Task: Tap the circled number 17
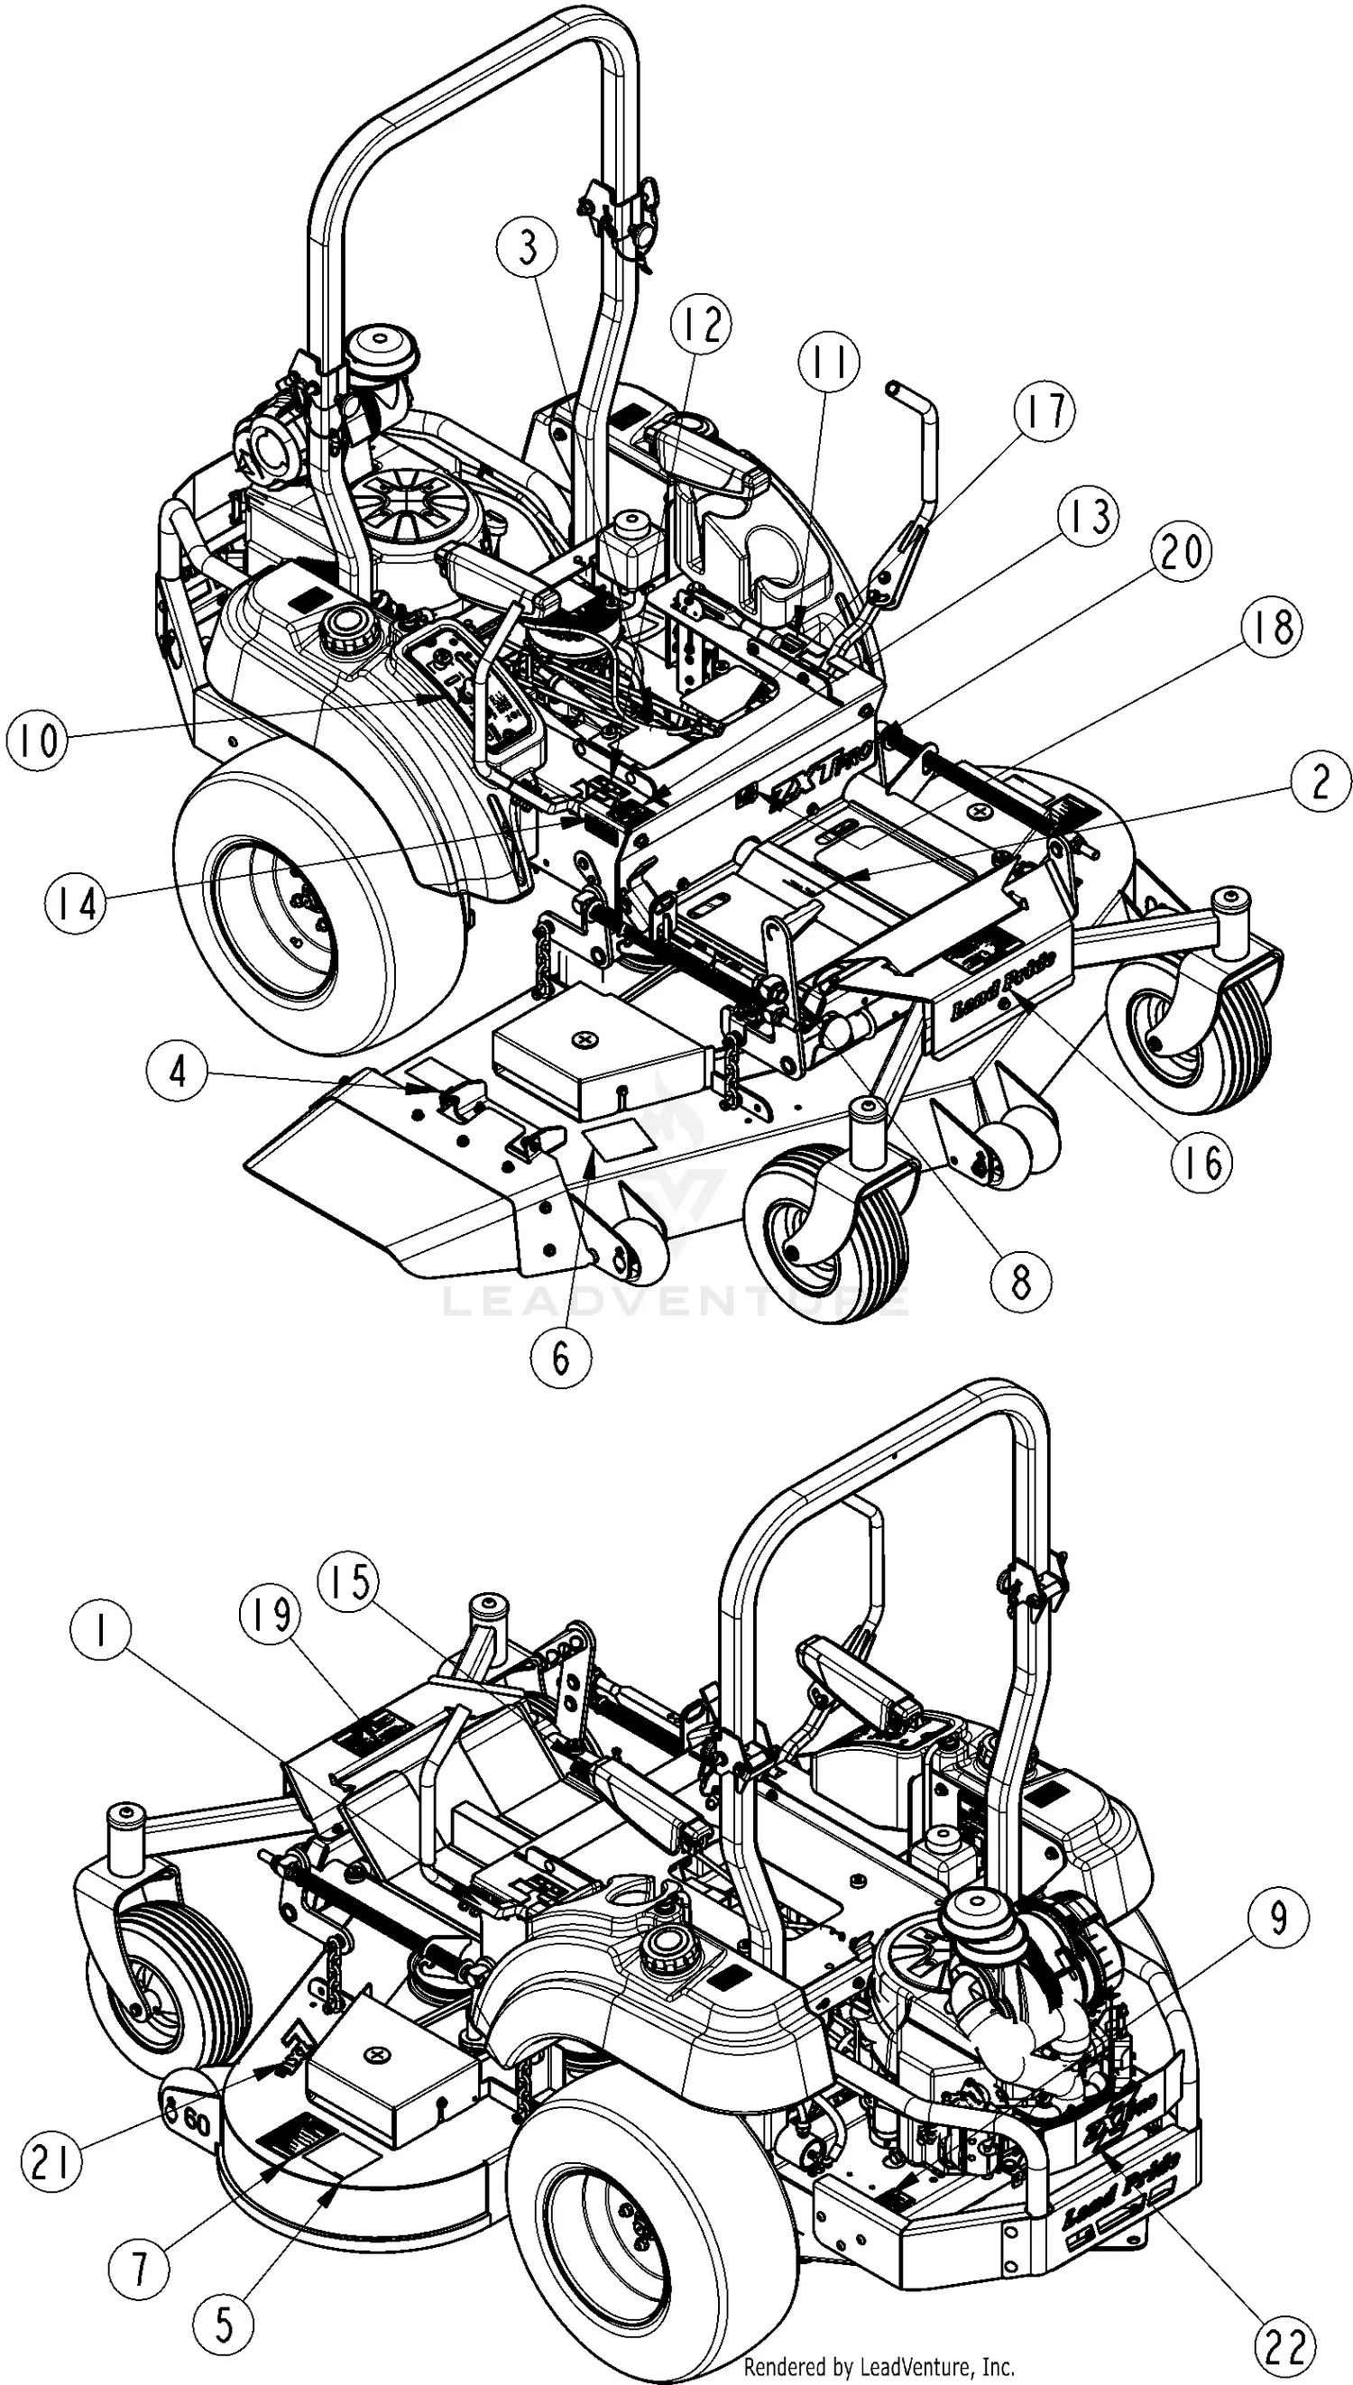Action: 1045,411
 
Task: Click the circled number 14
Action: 74,901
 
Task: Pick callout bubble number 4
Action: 178,1072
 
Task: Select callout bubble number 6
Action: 560,1358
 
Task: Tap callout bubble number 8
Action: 1020,1282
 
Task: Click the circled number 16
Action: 1202,1160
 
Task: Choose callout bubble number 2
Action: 1320,782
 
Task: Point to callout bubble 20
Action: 1181,552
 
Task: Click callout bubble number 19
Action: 270,1616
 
